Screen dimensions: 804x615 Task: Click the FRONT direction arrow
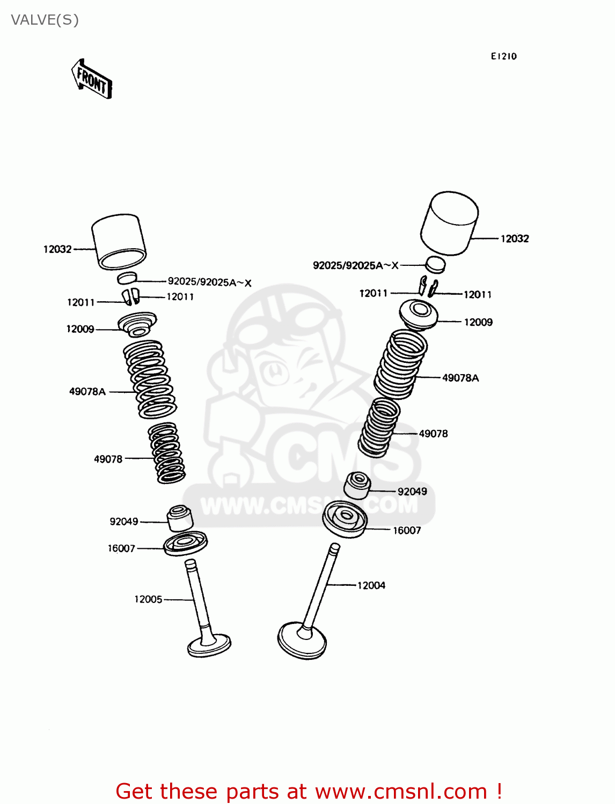point(92,80)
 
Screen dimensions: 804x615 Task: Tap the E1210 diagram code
point(503,56)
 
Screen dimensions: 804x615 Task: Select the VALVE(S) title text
point(45,20)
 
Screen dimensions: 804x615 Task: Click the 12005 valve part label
point(148,599)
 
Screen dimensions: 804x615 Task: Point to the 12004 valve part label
point(371,585)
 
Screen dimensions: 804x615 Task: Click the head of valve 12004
point(302,640)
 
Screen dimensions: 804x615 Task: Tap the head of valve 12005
point(209,644)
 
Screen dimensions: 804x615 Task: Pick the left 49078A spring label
point(87,392)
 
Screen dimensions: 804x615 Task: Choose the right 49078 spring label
point(433,434)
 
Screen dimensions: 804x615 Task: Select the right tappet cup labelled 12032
point(450,222)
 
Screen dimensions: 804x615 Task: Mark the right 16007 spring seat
point(345,518)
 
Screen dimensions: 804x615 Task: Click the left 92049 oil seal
point(180,517)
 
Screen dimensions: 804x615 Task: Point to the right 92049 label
point(412,492)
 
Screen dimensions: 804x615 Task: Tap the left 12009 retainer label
point(80,329)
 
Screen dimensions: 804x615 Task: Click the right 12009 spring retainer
point(419,314)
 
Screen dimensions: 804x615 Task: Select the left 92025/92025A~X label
point(209,282)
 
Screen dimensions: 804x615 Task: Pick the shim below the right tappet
point(436,264)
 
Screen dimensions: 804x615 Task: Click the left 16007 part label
point(121,548)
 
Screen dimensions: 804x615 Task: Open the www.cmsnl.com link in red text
point(401,791)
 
